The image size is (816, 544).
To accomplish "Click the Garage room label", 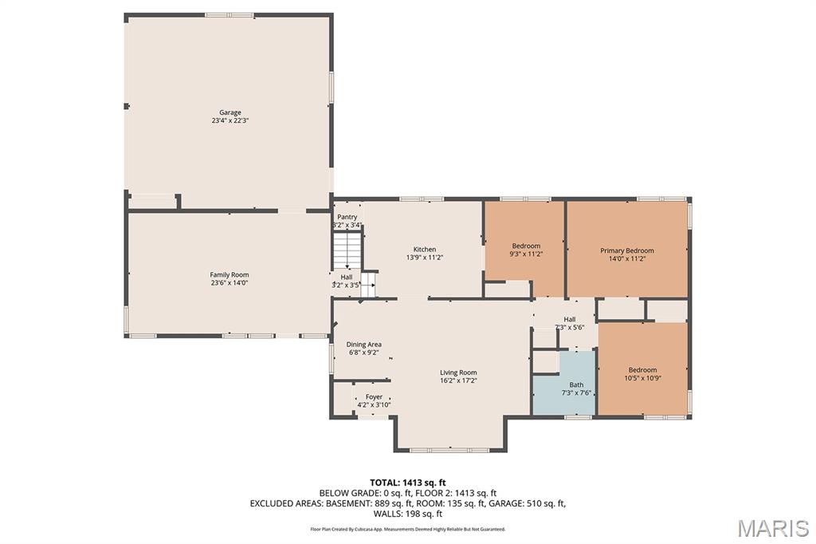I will [x=230, y=112].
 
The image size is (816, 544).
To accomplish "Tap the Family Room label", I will [x=229, y=274].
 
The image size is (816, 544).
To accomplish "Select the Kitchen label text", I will [x=424, y=250].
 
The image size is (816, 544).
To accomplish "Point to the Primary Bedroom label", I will [x=626, y=250].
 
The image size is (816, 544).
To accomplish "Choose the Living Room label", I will [x=458, y=373].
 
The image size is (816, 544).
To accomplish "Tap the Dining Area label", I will [x=363, y=345].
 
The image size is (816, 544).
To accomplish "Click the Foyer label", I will [x=374, y=396].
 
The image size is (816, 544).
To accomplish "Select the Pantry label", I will [x=347, y=217].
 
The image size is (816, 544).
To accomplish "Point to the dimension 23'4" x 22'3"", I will [x=230, y=121].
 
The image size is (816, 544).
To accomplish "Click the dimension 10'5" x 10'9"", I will [x=642, y=378].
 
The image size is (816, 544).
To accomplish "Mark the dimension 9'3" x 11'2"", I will [x=526, y=254].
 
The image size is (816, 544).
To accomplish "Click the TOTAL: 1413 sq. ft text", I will [x=407, y=482].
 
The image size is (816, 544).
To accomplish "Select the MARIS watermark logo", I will [x=773, y=528].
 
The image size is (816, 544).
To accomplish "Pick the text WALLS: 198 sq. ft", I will [x=407, y=514].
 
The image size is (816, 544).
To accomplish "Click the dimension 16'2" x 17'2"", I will [x=458, y=380].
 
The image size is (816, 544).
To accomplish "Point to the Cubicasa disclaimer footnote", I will [x=407, y=529].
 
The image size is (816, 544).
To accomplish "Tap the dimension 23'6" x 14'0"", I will [x=229, y=282].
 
